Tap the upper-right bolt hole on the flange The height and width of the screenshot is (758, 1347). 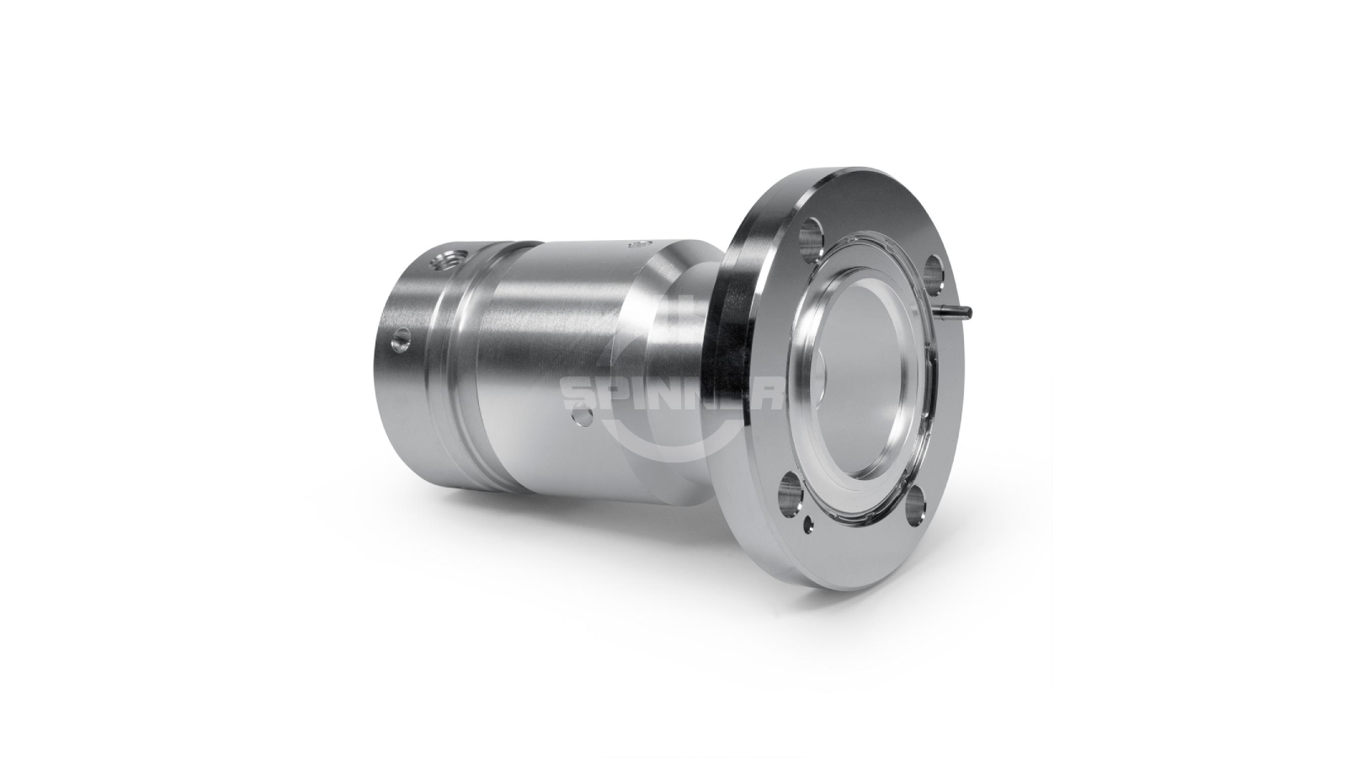(x=934, y=270)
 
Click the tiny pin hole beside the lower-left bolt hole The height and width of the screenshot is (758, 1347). (x=809, y=525)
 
